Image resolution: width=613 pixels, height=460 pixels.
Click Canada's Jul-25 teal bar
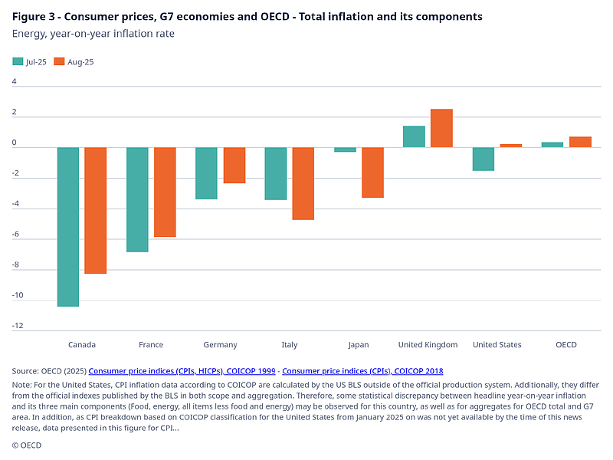tap(68, 226)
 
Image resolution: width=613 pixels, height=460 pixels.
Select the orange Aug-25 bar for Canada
tap(96, 210)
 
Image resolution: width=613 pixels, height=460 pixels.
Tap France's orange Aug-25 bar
tap(165, 192)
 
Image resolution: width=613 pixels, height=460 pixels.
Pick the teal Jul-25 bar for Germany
tap(206, 173)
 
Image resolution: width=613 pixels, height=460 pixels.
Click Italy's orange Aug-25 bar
tap(303, 183)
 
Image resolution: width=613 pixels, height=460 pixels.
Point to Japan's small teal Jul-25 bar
tap(345, 149)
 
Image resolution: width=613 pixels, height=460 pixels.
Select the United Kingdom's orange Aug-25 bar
tap(441, 128)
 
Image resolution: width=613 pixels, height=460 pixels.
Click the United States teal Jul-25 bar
tap(483, 159)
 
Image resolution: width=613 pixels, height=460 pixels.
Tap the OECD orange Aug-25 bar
tap(580, 142)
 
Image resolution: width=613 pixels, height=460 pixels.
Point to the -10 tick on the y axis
tap(17, 295)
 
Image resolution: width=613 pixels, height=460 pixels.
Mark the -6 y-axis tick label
tap(17, 234)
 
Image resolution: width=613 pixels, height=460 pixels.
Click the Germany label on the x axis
tap(220, 345)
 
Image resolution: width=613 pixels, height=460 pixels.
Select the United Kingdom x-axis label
tap(428, 345)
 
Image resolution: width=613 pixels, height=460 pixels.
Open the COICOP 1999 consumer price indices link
tap(182, 370)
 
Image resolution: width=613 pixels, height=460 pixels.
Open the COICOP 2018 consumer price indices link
tap(362, 370)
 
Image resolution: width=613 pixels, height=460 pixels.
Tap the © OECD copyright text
tap(26, 445)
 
